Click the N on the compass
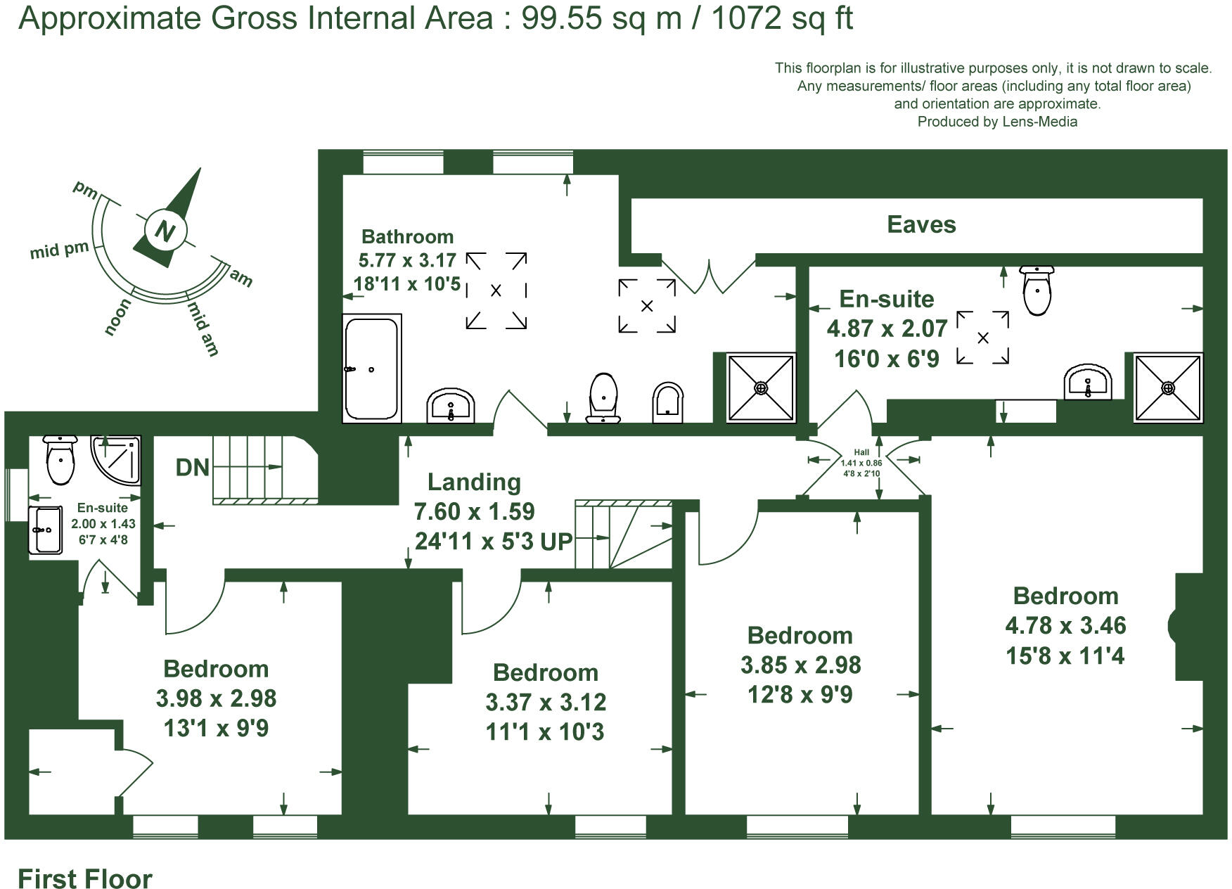click(x=165, y=231)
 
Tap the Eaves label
click(x=921, y=225)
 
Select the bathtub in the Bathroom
click(x=371, y=369)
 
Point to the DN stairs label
click(x=192, y=468)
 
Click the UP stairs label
click(x=556, y=542)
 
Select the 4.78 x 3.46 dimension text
click(x=1065, y=625)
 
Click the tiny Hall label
click(x=861, y=452)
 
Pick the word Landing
click(x=474, y=482)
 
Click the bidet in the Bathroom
click(x=667, y=402)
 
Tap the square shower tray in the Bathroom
click(x=761, y=388)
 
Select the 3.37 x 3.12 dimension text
click(x=546, y=702)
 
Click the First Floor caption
click(x=84, y=879)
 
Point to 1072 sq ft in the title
click(x=782, y=18)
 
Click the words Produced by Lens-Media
click(x=997, y=122)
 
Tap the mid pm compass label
click(x=59, y=250)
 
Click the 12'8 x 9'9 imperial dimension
click(x=800, y=695)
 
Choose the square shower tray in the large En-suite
click(x=1168, y=388)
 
